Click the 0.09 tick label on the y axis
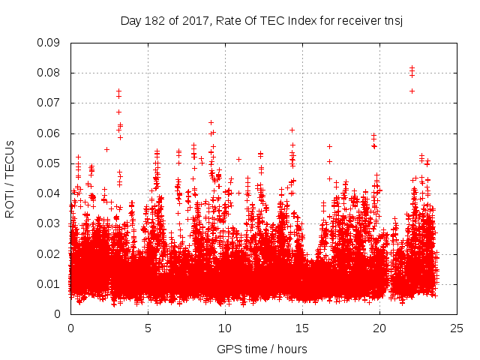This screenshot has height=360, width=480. click(x=49, y=43)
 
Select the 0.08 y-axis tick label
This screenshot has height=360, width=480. click(x=49, y=73)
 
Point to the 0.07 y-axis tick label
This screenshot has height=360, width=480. click(x=49, y=103)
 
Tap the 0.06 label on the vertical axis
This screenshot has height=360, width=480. click(x=49, y=133)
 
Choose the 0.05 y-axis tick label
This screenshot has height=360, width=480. click(x=49, y=163)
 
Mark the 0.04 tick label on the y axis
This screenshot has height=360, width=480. click(x=49, y=193)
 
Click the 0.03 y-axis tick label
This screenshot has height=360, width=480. click(x=49, y=223)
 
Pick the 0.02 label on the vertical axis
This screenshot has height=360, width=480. click(x=49, y=253)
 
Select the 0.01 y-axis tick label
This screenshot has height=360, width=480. click(x=49, y=283)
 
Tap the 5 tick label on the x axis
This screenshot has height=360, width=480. click(x=148, y=328)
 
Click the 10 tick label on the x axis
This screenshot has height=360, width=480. click(x=225, y=328)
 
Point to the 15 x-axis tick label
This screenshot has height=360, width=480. click(x=302, y=328)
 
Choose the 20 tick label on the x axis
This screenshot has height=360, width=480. click(x=379, y=328)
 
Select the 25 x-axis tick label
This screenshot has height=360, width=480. click(x=457, y=328)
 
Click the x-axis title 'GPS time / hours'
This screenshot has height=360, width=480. click(x=262, y=349)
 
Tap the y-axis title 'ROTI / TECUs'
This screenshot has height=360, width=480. click(x=10, y=178)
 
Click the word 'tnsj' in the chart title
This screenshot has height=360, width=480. click(x=392, y=20)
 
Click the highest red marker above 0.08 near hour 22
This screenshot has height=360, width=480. click(x=412, y=68)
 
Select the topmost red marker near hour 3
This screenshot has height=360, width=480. click(x=118, y=91)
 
